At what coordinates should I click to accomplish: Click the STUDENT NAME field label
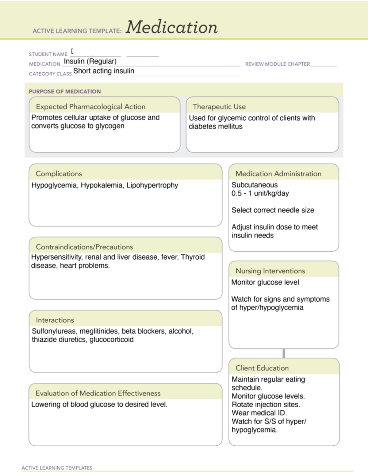(48, 54)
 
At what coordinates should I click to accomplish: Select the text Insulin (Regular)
(90, 61)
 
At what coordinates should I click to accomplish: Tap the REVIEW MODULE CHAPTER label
(277, 64)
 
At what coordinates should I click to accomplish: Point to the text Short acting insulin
(104, 71)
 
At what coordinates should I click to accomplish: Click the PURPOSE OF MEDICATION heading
(65, 91)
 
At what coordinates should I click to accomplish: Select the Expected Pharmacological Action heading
(90, 107)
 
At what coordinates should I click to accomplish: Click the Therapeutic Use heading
(219, 107)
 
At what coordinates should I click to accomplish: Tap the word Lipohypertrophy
(152, 185)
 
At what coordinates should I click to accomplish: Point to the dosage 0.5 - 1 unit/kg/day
(260, 193)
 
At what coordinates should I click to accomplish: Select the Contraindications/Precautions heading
(84, 247)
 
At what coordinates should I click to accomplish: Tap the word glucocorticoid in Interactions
(111, 340)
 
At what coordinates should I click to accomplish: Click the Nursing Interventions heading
(270, 271)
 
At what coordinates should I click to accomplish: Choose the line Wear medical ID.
(259, 413)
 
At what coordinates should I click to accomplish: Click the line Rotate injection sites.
(266, 405)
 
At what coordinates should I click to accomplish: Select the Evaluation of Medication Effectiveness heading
(98, 393)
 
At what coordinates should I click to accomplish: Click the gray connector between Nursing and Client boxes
(284, 353)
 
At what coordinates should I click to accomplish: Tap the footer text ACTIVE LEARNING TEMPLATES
(57, 468)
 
